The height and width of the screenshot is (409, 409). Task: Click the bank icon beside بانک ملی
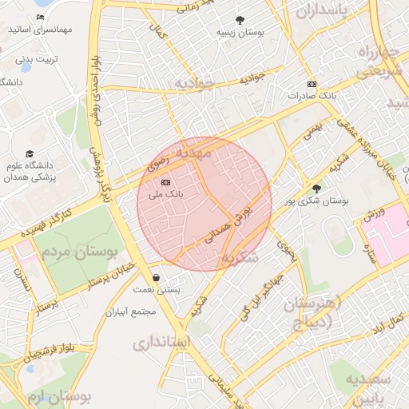pos(165,183)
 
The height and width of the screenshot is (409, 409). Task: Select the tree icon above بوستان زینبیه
pos(240,20)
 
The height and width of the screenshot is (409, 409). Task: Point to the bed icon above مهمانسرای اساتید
pos(41,18)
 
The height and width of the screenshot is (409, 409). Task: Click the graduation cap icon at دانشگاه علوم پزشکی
pos(30,153)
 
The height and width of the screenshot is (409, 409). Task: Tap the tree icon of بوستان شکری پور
pos(317,189)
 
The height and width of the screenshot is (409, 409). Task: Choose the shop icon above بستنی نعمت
pos(154,277)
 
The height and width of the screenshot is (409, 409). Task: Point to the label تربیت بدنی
pos(38,59)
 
